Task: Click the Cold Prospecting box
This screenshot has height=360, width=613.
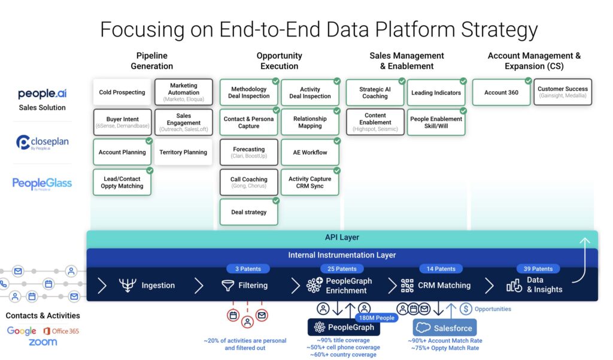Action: [x=122, y=92]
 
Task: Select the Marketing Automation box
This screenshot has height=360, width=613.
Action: [x=183, y=93]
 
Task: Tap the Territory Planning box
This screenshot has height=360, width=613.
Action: [x=183, y=152]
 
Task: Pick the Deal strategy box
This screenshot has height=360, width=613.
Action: [x=248, y=212]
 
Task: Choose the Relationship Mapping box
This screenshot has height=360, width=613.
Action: [x=310, y=122]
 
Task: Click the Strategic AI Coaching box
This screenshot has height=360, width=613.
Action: [x=375, y=93]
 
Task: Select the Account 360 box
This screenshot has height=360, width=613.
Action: [x=501, y=93]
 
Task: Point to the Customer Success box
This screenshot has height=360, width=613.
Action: [x=562, y=92]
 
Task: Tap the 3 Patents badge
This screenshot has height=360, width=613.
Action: [x=248, y=269]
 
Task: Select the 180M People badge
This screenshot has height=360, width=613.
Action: [x=376, y=317]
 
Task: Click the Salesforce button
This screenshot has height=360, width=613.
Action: [x=444, y=328]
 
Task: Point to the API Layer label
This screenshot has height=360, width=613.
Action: [x=342, y=238]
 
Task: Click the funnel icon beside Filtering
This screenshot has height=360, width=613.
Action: [x=227, y=286]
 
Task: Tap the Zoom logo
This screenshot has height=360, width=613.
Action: [x=43, y=343]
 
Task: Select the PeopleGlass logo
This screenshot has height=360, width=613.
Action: [x=42, y=184]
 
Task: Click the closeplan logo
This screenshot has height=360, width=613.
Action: [x=42, y=143]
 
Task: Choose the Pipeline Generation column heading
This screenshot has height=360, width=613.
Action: [x=151, y=61]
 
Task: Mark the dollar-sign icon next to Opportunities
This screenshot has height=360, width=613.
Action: [x=466, y=309]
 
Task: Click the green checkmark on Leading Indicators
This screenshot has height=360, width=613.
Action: [x=463, y=81]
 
